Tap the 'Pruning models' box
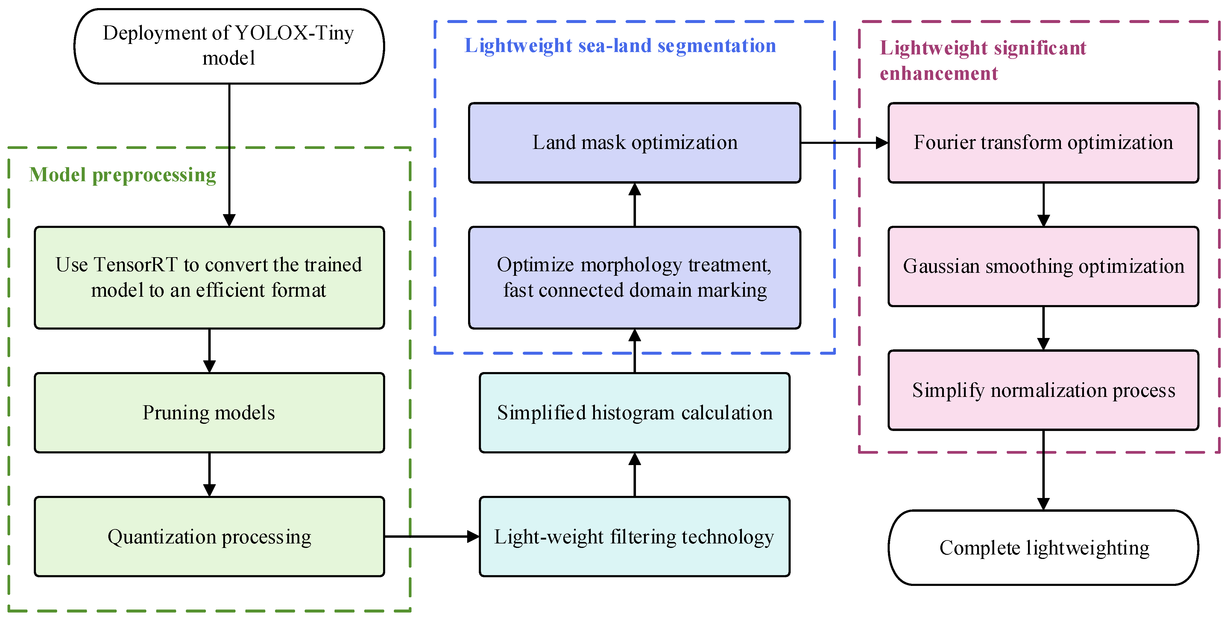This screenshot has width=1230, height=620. [209, 413]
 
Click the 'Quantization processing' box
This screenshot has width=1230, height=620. [209, 537]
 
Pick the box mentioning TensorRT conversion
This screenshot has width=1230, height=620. [209, 277]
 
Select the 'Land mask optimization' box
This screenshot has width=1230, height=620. [634, 143]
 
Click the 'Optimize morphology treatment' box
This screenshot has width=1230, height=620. [634, 277]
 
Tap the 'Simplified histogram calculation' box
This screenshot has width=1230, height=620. [634, 413]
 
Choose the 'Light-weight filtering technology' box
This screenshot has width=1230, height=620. [634, 537]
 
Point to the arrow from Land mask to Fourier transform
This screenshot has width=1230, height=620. [844, 143]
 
